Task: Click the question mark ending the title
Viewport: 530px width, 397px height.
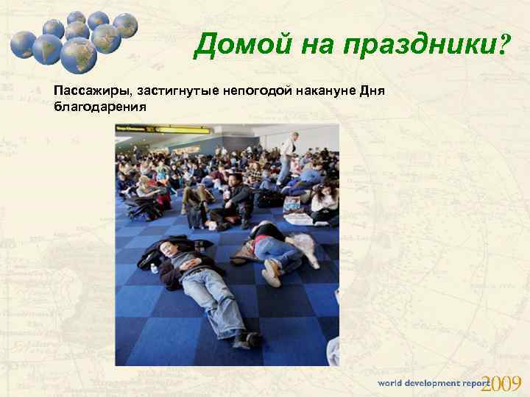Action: (x=504, y=47)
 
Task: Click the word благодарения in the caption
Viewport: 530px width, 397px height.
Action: (x=100, y=106)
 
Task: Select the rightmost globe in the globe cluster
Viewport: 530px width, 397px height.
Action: (x=126, y=26)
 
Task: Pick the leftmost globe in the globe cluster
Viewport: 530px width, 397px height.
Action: (x=23, y=44)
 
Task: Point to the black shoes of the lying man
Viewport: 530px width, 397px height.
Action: (x=247, y=340)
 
